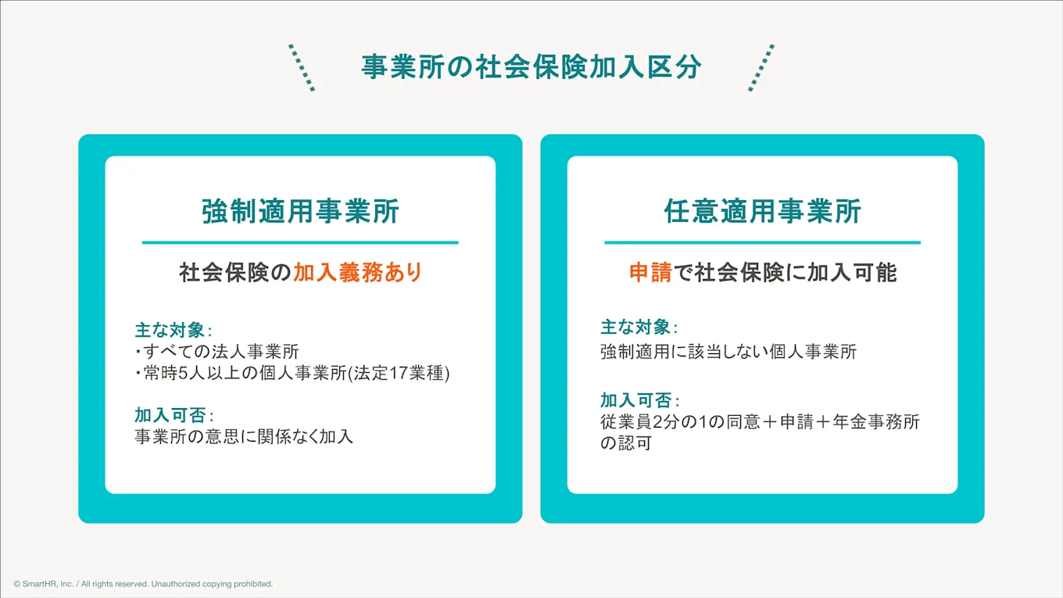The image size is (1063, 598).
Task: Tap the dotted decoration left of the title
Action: [301, 68]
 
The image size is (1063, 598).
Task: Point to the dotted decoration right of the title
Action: [761, 68]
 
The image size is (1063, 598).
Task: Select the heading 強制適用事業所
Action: [300, 212]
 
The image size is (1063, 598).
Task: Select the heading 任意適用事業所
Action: [762, 212]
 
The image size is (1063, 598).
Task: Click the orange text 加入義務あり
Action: [357, 273]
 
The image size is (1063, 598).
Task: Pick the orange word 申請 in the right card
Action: [650, 273]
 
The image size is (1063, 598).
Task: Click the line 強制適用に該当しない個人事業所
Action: [728, 352]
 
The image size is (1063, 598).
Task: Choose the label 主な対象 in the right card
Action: [635, 328]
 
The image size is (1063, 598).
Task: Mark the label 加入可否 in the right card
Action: [635, 400]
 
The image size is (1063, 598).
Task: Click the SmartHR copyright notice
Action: [143, 584]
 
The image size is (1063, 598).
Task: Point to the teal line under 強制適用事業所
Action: [300, 243]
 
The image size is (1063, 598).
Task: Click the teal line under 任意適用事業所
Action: [762, 243]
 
